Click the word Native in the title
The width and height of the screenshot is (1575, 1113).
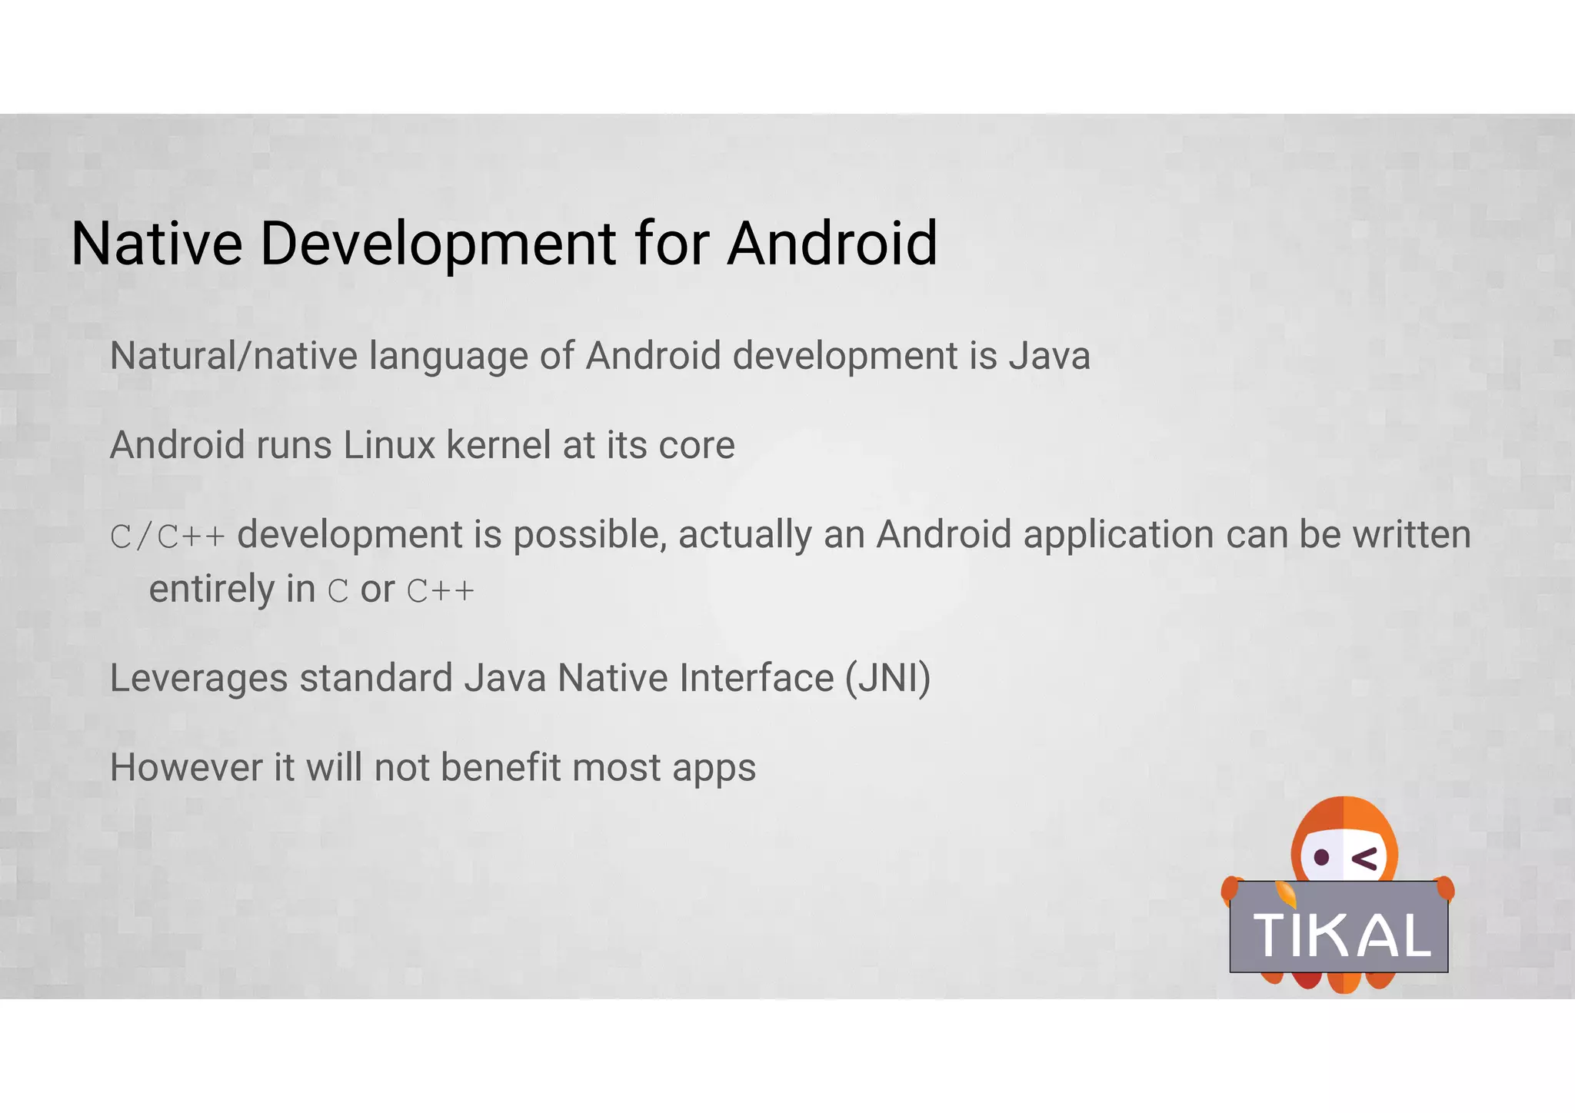point(157,244)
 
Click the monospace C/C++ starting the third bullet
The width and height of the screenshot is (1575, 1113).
point(168,536)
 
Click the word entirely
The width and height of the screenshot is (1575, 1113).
point(211,590)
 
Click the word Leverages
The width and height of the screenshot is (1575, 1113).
point(198,679)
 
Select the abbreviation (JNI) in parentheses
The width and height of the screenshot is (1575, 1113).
point(888,679)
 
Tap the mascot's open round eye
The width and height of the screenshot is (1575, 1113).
point(1321,857)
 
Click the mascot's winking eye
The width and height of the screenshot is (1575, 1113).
point(1366,859)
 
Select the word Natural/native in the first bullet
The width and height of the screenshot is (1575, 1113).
point(234,356)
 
